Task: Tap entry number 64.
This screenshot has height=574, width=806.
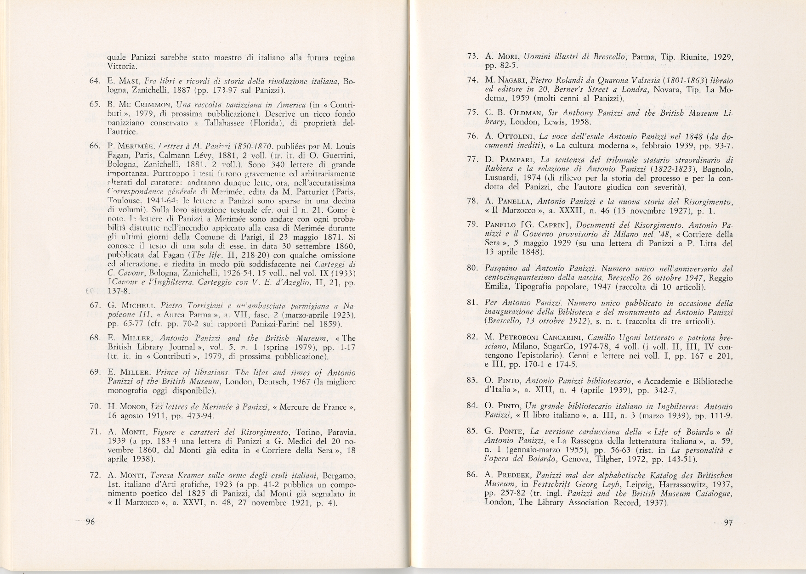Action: click(x=95, y=81)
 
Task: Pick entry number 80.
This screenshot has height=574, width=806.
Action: click(x=473, y=268)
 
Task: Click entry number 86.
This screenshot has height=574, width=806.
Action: click(x=473, y=475)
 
